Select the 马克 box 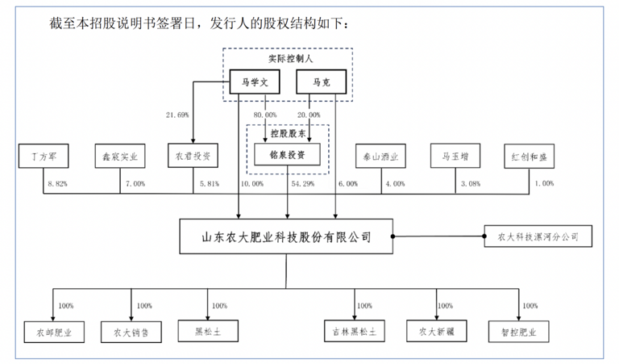320,82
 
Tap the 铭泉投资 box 287,154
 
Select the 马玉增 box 456,155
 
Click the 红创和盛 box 530,155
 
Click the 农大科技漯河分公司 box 538,236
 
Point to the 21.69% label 177,115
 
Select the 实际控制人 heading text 289,58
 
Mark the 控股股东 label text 287,132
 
